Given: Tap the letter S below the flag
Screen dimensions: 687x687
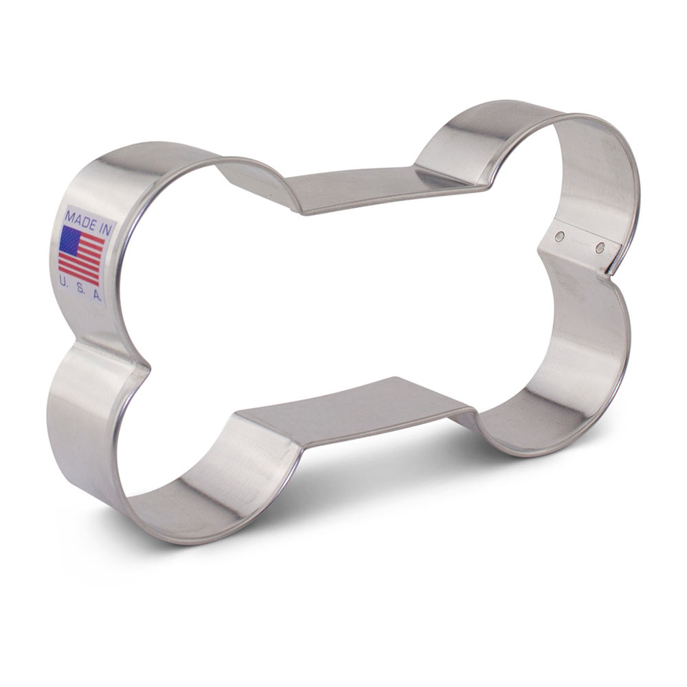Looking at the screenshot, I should (x=80, y=289).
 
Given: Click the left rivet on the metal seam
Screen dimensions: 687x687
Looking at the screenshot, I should (x=560, y=236).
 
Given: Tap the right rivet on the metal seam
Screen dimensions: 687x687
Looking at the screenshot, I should (x=600, y=247).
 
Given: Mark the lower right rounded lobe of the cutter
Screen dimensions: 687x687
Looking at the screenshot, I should (x=591, y=371).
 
